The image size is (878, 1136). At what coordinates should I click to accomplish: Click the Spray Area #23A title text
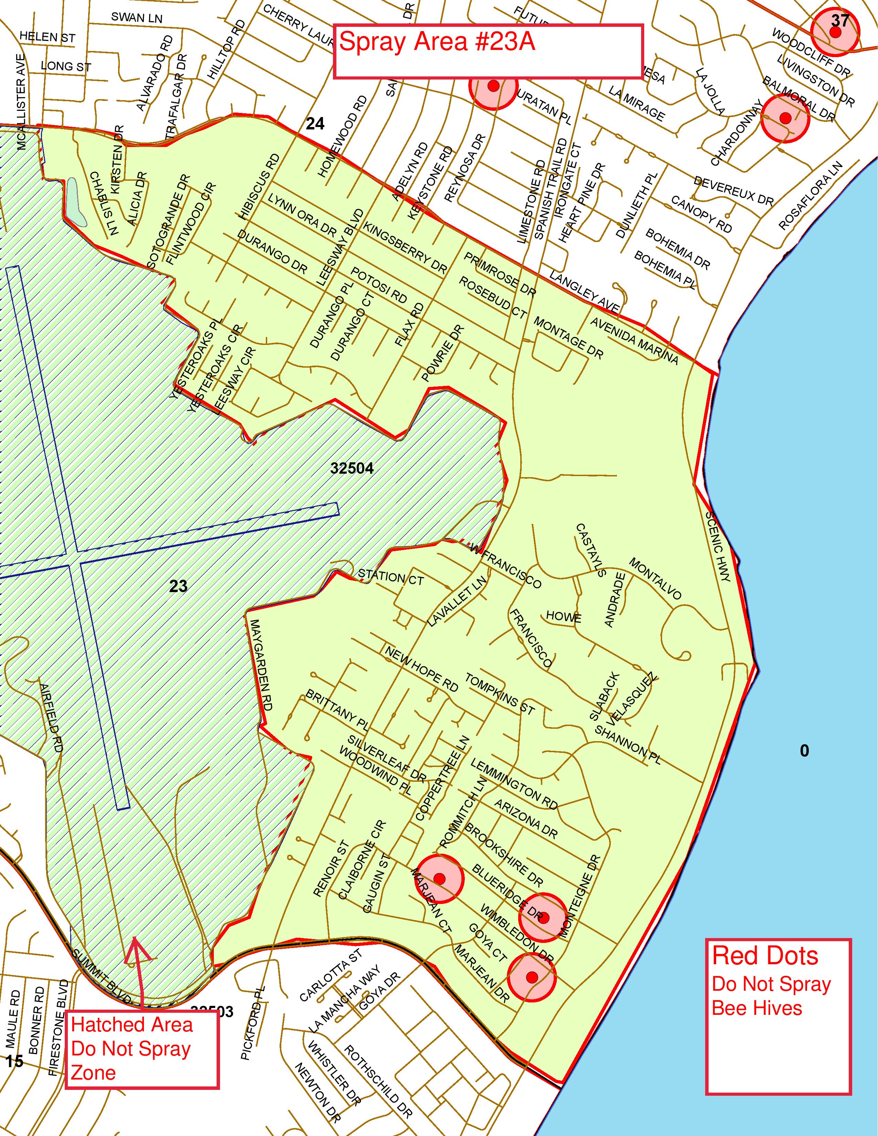coord(437,42)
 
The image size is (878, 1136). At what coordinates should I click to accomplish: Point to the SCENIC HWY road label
coord(718,546)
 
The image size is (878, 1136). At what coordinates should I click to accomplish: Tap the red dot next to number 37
coord(835,32)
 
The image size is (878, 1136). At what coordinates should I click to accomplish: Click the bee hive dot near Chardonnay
coord(785,118)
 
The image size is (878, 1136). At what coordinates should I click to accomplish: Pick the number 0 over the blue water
coord(804,750)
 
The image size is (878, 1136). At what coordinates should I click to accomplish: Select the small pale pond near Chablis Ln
coord(76,202)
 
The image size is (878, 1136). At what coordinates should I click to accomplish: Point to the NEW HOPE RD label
coord(421,669)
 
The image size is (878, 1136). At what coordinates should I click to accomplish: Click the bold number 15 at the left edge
coord(14,1061)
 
